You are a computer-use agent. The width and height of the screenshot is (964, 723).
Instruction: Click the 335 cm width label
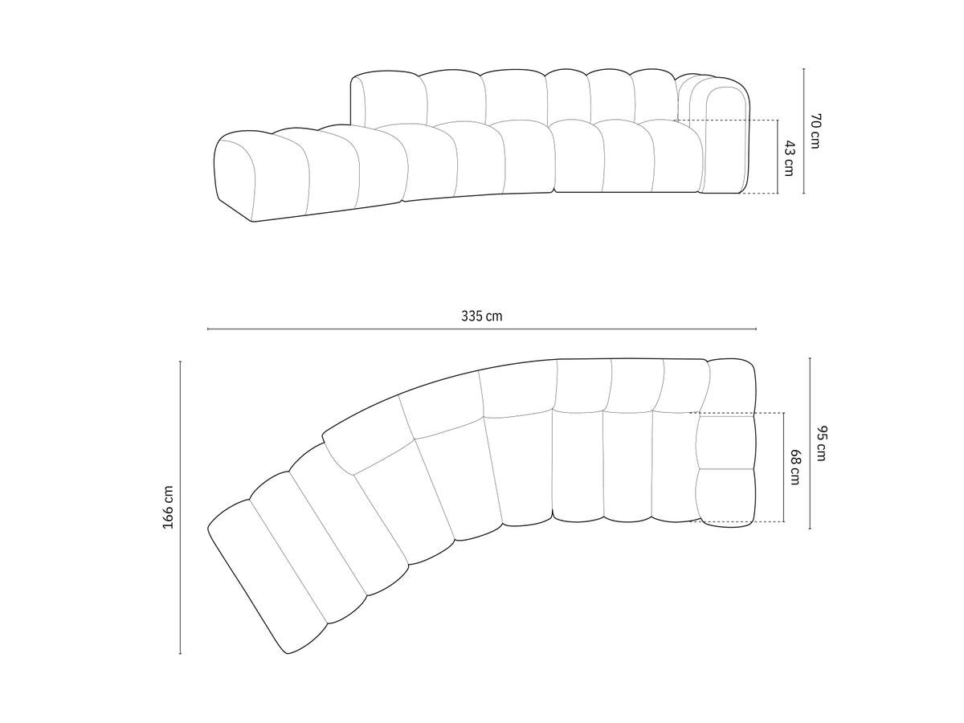tap(481, 316)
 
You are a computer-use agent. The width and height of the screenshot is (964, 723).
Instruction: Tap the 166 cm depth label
tap(168, 508)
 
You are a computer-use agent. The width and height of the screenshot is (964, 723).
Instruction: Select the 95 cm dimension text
tap(821, 443)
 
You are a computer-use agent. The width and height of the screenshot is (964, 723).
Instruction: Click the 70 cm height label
tap(815, 131)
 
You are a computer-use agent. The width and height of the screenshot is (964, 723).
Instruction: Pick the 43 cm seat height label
tap(789, 158)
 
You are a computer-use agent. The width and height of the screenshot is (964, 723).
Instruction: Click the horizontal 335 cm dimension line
tap(481, 329)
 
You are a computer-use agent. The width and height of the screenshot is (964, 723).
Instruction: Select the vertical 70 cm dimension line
tap(803, 131)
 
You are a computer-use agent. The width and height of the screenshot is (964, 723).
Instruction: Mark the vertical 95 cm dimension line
tap(810, 443)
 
